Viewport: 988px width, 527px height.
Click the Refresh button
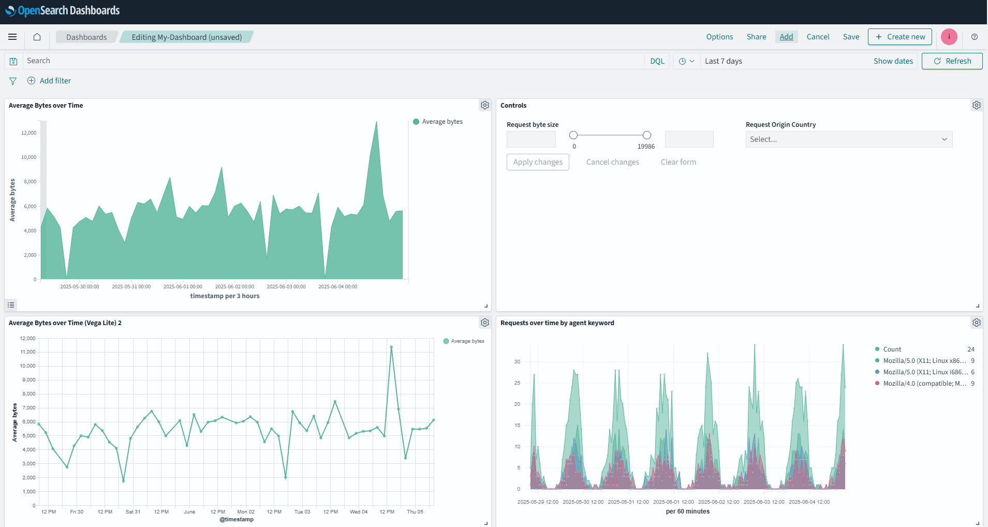pyautogui.click(x=952, y=61)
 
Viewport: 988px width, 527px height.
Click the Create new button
pyautogui.click(x=899, y=37)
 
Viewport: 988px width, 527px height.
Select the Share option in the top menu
pyautogui.click(x=756, y=37)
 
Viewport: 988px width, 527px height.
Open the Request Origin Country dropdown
pyautogui.click(x=848, y=139)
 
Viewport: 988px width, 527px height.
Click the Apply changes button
pyautogui.click(x=538, y=162)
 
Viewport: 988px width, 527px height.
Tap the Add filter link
pyautogui.click(x=55, y=81)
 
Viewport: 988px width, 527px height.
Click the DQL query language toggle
pyautogui.click(x=657, y=61)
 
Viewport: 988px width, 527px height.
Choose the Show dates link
pyautogui.click(x=893, y=61)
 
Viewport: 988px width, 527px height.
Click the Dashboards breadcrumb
pyautogui.click(x=86, y=37)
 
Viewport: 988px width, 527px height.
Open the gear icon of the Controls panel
pyautogui.click(x=976, y=105)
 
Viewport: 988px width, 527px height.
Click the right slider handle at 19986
pyautogui.click(x=646, y=135)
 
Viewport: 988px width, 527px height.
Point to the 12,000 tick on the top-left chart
pyautogui.click(x=29, y=133)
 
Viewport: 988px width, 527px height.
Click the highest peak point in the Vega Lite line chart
pyautogui.click(x=391, y=347)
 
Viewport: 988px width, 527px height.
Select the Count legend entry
pyautogui.click(x=892, y=349)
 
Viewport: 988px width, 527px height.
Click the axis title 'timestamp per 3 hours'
pyautogui.click(x=225, y=296)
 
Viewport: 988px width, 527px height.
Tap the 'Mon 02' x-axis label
pyautogui.click(x=246, y=512)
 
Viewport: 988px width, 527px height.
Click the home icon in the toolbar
pyautogui.click(x=37, y=37)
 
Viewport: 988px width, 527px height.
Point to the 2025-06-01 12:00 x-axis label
pyautogui.click(x=673, y=502)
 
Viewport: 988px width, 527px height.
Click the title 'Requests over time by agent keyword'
pyautogui.click(x=557, y=323)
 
